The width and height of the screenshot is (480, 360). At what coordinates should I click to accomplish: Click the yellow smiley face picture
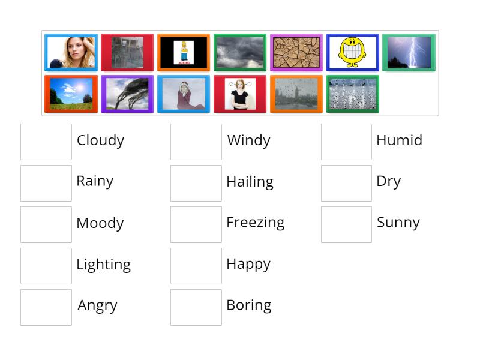coord(352,53)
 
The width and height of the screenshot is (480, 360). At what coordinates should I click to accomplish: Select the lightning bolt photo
coord(409,53)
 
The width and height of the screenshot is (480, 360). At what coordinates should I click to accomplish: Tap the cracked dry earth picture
coord(296,53)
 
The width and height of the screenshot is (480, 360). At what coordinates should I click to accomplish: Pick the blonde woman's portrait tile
coord(71,53)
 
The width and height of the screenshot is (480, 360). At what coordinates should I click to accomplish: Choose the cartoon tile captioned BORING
coord(184,53)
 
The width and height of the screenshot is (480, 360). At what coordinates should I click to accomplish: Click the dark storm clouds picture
coord(239,53)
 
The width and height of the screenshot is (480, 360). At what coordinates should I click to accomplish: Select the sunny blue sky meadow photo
coord(71,94)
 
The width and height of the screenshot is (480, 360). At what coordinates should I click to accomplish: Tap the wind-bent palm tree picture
coord(127,94)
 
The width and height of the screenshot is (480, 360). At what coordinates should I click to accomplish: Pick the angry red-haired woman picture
coord(239,94)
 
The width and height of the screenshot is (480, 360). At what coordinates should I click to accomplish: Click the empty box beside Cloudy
coord(46,142)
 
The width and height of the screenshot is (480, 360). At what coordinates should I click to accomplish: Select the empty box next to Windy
coord(196,142)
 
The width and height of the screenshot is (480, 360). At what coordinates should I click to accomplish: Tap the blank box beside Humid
coord(346,142)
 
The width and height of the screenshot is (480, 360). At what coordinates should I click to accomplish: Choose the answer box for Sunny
coord(346,224)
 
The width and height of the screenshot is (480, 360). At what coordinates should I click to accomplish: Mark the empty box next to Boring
coord(196,307)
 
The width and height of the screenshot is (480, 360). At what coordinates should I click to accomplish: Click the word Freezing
coord(255,223)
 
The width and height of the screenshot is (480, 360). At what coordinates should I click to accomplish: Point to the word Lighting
coord(103,265)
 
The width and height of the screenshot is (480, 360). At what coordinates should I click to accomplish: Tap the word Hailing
coord(250,182)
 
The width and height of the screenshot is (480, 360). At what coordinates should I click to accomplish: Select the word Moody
coord(100,223)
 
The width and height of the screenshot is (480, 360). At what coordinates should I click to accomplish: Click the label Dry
coord(388,182)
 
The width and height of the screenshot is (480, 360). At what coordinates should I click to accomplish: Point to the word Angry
coord(97,306)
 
